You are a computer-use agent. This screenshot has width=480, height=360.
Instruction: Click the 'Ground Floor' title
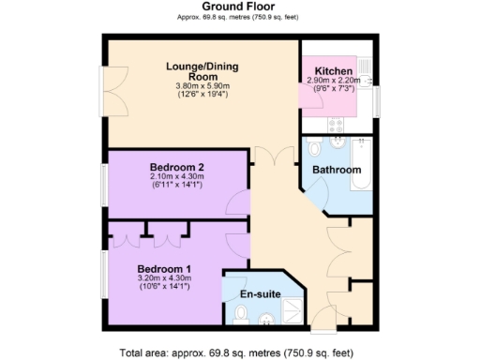239,7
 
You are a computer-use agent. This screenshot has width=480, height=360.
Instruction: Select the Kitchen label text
334,71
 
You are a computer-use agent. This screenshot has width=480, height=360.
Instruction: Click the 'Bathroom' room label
337,170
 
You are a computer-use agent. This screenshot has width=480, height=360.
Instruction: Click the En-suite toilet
240,323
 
